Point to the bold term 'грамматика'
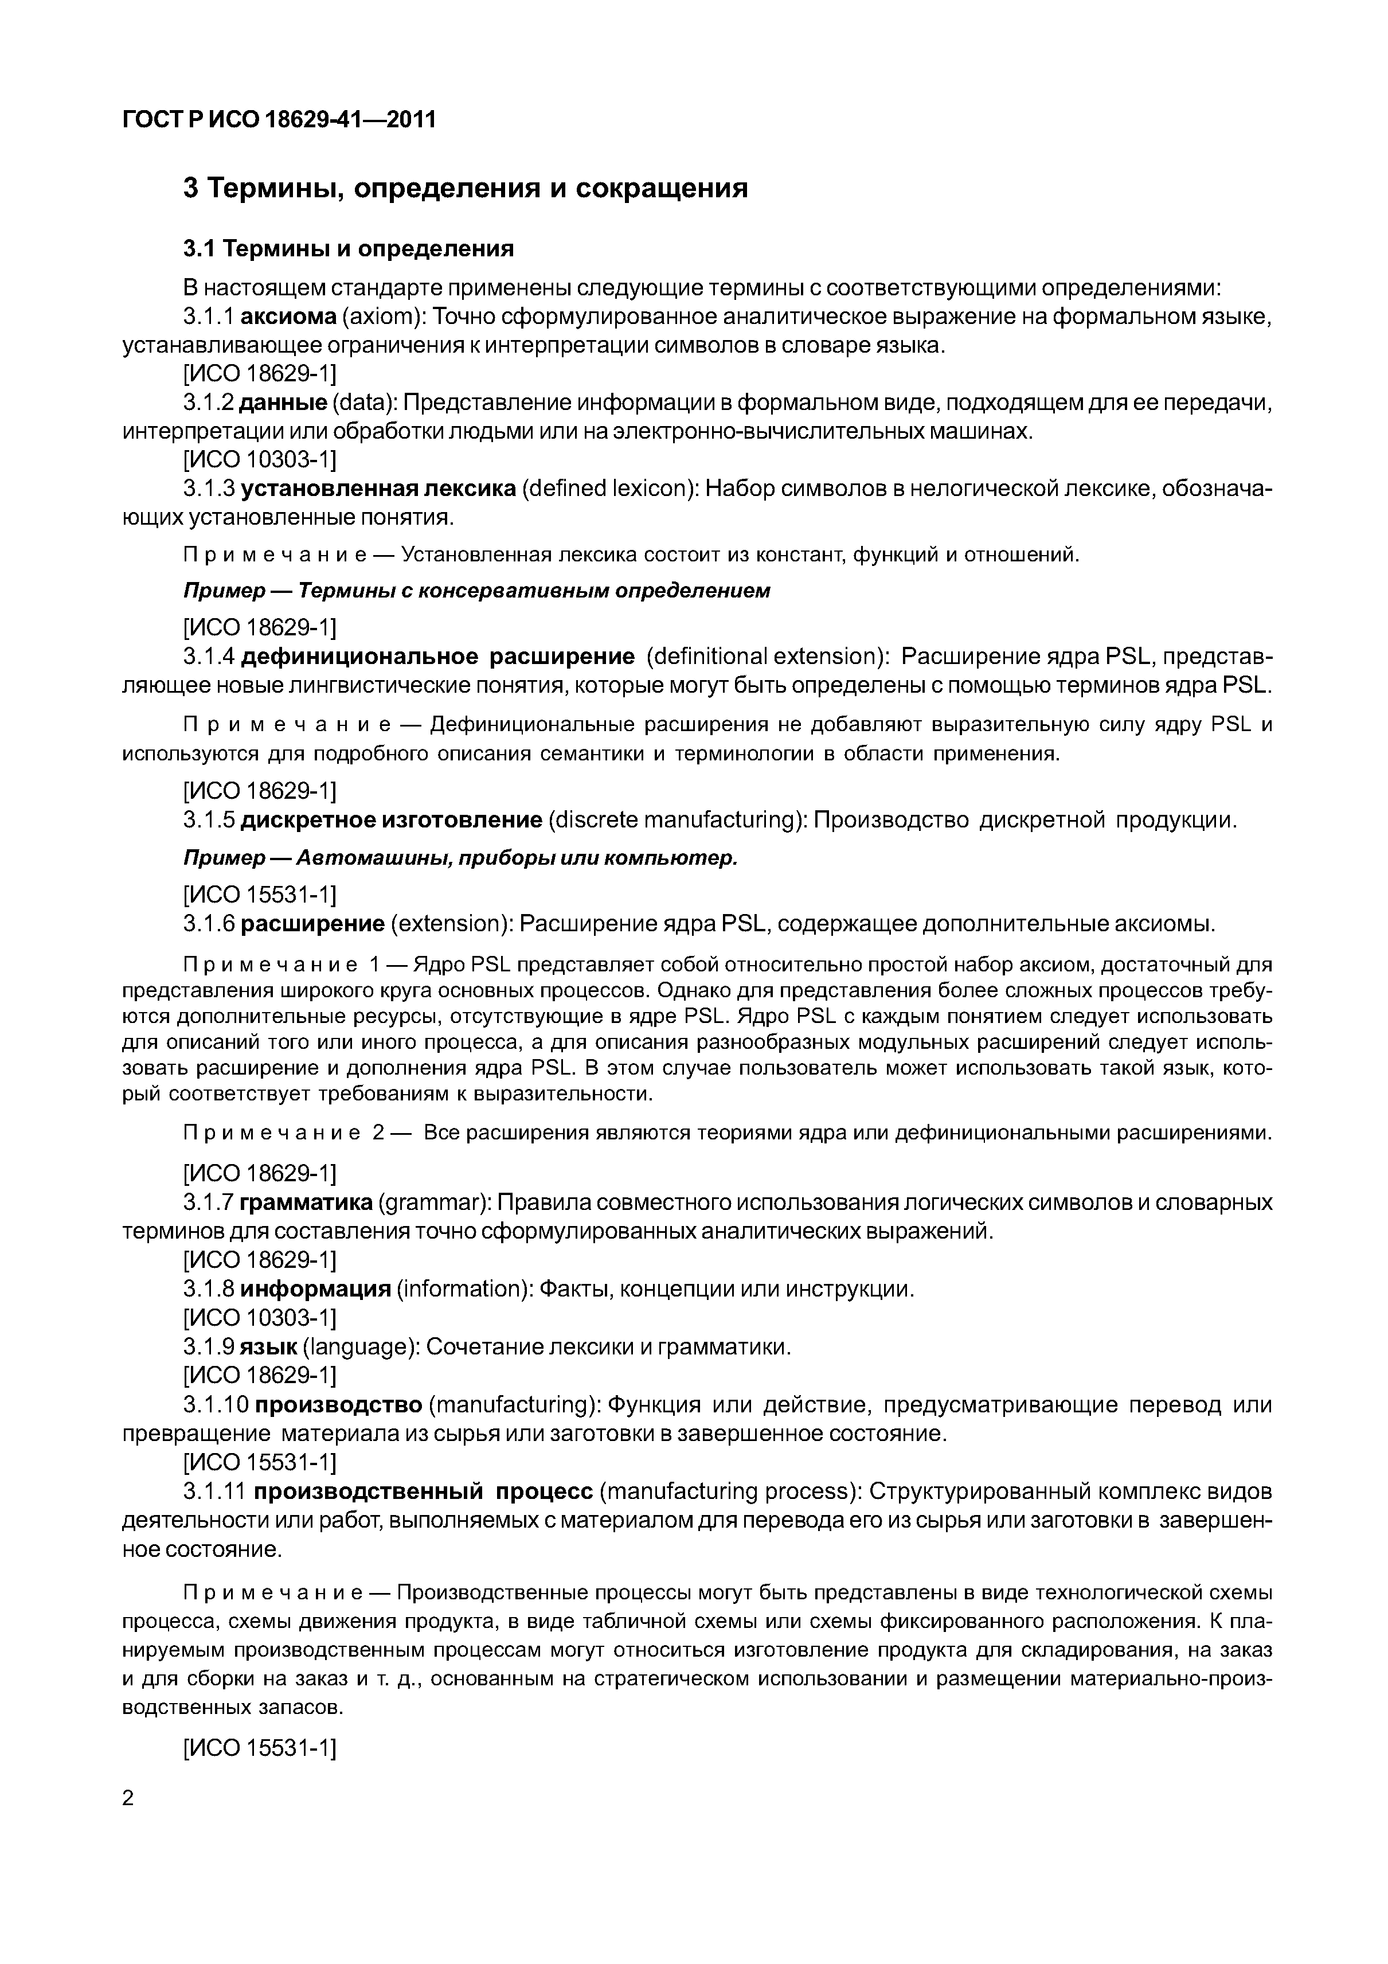pyautogui.click(x=306, y=1202)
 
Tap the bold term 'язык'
pyautogui.click(x=267, y=1347)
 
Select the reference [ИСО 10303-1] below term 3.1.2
pyautogui.click(x=260, y=460)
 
